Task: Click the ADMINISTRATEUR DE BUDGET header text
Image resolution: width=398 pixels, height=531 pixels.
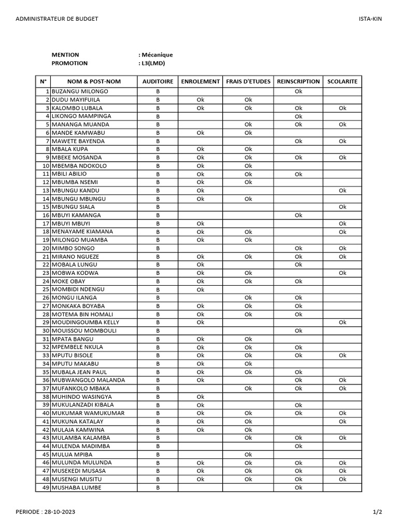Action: (57, 19)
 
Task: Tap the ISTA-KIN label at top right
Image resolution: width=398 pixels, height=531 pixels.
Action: (370, 19)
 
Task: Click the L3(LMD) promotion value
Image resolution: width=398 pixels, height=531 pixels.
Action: (153, 63)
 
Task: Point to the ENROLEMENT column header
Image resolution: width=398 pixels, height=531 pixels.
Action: (200, 81)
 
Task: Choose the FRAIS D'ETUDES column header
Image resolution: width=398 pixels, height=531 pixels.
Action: (248, 81)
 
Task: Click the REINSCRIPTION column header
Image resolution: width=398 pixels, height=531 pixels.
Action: (298, 81)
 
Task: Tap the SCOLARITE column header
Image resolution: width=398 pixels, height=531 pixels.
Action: (342, 81)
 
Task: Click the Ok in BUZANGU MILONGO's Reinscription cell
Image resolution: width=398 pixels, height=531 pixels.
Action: (298, 92)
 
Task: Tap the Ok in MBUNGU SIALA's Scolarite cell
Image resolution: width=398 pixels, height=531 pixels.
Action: (342, 207)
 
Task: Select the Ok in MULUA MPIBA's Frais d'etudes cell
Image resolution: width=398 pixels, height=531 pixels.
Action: (248, 455)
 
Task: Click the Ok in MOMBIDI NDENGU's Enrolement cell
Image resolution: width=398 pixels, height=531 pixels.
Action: (200, 290)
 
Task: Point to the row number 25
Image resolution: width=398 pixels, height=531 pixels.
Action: (46, 289)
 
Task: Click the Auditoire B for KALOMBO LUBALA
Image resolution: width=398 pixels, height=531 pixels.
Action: (158, 108)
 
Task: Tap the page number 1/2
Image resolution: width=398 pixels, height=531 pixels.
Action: (377, 512)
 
